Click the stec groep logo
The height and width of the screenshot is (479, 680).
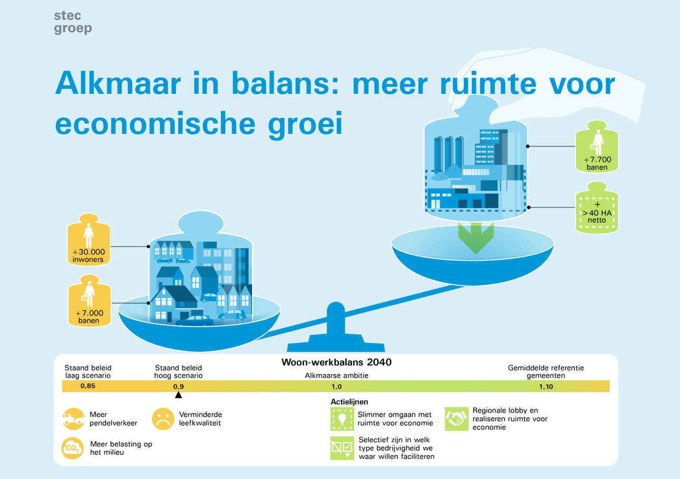(x=73, y=22)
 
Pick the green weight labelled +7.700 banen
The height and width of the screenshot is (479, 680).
(x=597, y=148)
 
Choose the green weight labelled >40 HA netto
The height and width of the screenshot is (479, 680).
(x=597, y=210)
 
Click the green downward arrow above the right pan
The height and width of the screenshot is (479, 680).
(x=476, y=237)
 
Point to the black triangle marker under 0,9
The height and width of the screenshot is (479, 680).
(x=178, y=395)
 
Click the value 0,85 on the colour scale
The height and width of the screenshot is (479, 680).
(x=87, y=386)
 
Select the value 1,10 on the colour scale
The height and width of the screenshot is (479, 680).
(x=546, y=387)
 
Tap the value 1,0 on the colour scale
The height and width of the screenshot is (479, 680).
(x=336, y=387)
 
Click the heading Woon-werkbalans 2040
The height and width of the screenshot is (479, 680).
(x=336, y=362)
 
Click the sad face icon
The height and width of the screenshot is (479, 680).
(x=163, y=419)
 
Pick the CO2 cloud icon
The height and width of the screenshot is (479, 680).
(x=73, y=448)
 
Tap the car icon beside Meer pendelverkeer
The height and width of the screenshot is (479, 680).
(x=74, y=419)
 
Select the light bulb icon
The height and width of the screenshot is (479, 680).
(x=342, y=419)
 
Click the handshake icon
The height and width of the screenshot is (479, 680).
(x=456, y=419)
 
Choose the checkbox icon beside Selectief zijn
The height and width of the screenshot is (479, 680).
(x=342, y=448)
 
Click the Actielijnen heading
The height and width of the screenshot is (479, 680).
(x=349, y=402)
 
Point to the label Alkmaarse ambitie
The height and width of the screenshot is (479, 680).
(x=336, y=375)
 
